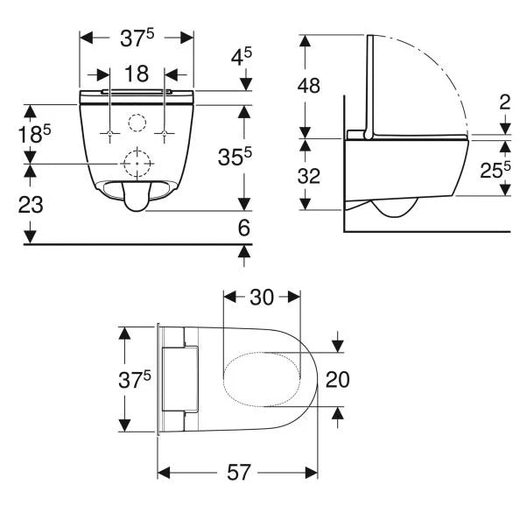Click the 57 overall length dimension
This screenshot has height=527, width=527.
[x=238, y=473]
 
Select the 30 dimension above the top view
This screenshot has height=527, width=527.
[x=263, y=297]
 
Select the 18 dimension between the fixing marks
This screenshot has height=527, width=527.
[x=137, y=76]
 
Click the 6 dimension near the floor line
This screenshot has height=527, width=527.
[x=244, y=228]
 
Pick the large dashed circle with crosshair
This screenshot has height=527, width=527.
[x=136, y=163]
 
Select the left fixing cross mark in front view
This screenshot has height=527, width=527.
[x=108, y=133]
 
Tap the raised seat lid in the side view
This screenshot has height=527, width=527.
[x=370, y=88]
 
